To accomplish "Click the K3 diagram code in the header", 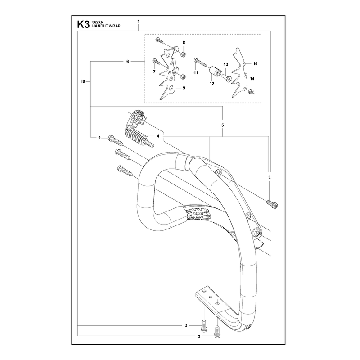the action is tap(83, 24).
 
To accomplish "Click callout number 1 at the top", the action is tap(139, 21).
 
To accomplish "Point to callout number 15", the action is tap(83, 82).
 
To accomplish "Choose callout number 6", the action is tap(128, 62).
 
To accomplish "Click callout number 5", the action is tap(222, 125).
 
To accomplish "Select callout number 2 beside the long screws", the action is tap(99, 138).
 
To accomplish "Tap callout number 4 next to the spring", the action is tap(158, 136).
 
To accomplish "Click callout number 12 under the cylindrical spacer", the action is tap(212, 84).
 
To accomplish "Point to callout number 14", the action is tap(252, 79).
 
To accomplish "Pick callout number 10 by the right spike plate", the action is tap(255, 64).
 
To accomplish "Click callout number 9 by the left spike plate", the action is tap(184, 88).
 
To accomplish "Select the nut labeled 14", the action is tap(251, 91).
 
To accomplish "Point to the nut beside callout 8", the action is tap(184, 54).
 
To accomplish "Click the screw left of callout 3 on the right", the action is tap(272, 204).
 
